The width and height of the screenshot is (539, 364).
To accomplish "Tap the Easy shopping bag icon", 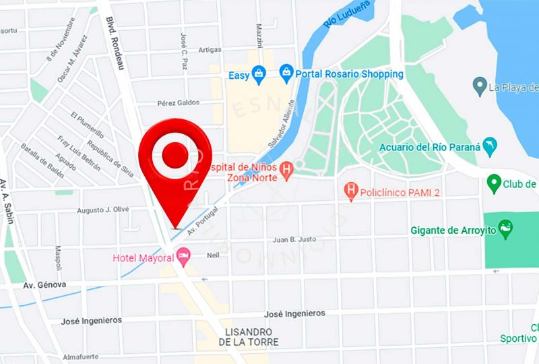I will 259,75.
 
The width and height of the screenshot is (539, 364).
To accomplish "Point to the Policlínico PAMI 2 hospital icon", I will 351,192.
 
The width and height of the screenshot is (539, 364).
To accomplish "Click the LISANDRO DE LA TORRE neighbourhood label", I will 249,337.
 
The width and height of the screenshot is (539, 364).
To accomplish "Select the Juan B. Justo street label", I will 294,239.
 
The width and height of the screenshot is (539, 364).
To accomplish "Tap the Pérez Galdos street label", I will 179,102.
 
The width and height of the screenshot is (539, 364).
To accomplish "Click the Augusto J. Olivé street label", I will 102,210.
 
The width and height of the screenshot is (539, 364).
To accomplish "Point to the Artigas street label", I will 210,50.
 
